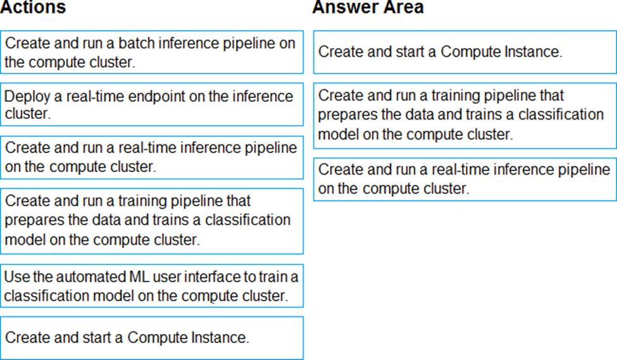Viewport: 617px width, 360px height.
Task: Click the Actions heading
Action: point(33,7)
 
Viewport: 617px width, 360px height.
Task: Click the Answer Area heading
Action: point(368,7)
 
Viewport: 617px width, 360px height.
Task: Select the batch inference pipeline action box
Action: point(152,52)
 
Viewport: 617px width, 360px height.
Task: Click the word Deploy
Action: point(28,97)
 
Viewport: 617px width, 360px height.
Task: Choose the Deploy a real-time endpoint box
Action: point(152,104)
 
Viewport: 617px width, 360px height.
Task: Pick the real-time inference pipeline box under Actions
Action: point(152,158)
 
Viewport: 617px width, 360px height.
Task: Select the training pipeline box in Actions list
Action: point(152,221)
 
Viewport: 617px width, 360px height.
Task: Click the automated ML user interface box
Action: point(152,285)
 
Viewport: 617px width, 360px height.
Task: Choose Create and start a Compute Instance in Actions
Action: point(152,338)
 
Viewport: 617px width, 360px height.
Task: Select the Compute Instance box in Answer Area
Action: point(464,52)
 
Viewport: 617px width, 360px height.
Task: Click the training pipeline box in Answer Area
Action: point(464,115)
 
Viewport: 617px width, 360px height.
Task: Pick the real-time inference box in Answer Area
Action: point(464,180)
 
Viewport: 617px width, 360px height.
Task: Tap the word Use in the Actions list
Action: point(17,276)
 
